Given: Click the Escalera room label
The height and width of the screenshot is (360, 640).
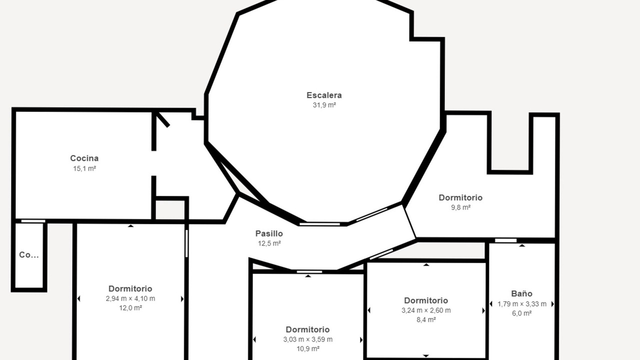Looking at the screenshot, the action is click(324, 95).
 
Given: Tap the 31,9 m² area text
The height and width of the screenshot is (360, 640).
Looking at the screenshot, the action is click(324, 105).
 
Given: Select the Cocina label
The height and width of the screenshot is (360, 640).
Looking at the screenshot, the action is click(84, 158).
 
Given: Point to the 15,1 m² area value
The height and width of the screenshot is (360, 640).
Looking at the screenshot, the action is click(84, 168).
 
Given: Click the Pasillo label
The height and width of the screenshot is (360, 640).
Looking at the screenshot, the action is click(269, 233).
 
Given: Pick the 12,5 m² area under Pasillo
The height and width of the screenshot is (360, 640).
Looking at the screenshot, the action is click(269, 243).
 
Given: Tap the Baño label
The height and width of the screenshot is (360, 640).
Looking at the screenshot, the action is click(521, 293).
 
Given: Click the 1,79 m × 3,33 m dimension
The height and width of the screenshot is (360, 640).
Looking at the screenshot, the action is click(521, 304).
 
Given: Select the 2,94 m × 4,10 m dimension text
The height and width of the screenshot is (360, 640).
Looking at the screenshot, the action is click(130, 298).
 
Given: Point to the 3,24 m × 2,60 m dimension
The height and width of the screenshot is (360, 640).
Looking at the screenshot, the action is click(426, 310).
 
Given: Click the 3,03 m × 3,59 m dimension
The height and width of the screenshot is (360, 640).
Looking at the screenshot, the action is click(307, 339).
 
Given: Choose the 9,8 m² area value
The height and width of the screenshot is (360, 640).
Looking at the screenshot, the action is click(460, 207).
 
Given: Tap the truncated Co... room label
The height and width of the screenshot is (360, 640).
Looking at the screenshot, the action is click(29, 255).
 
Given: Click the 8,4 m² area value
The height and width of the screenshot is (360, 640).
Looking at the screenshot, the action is click(426, 319).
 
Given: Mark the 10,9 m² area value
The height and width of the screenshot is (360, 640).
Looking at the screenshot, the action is click(308, 349).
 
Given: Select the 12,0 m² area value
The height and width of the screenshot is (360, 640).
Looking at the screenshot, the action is click(130, 308).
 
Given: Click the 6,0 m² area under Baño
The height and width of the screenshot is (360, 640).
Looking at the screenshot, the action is click(521, 313).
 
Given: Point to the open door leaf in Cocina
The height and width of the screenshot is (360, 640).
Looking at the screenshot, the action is click(162, 119).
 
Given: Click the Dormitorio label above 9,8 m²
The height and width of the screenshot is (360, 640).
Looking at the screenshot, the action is click(460, 197).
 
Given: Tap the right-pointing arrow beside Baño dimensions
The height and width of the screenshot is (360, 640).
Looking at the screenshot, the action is click(552, 304).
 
